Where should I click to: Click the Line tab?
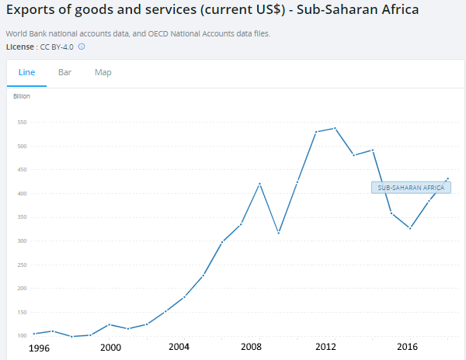(x=26, y=72)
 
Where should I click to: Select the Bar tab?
(x=64, y=72)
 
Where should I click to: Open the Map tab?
(x=103, y=72)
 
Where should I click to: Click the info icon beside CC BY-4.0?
(x=82, y=47)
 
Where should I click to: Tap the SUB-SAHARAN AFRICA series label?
(x=411, y=188)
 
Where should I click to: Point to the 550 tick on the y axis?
(x=22, y=123)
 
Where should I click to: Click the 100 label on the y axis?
(x=22, y=335)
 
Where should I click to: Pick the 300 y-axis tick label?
(x=22, y=241)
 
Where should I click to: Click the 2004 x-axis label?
(x=179, y=347)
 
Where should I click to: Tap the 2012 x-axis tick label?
(x=325, y=347)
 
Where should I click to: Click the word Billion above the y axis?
(x=22, y=96)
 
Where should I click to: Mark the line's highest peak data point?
(x=334, y=128)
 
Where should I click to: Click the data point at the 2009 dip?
(x=278, y=233)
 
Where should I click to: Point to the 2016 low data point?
(x=409, y=228)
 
